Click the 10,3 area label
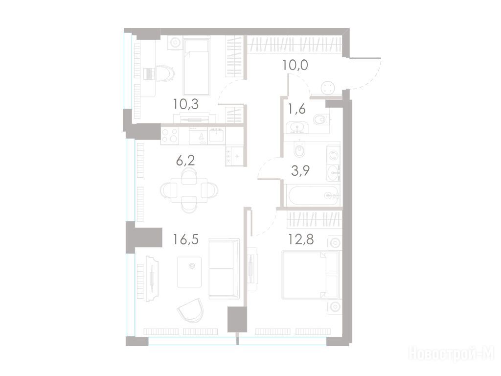[185, 104]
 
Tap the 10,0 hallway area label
[295, 65]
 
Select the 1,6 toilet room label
[297, 109]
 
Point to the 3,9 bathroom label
[300, 171]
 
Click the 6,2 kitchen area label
[185, 161]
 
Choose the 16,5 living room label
[185, 239]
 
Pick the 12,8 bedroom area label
[301, 239]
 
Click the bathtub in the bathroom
[312, 195]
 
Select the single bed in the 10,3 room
[197, 67]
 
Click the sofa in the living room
[224, 269]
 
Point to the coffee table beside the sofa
[189, 272]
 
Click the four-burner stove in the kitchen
[170, 135]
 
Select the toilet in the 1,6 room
[320, 120]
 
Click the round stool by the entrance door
[328, 88]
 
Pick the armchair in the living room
[191, 310]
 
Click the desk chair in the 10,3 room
[165, 74]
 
